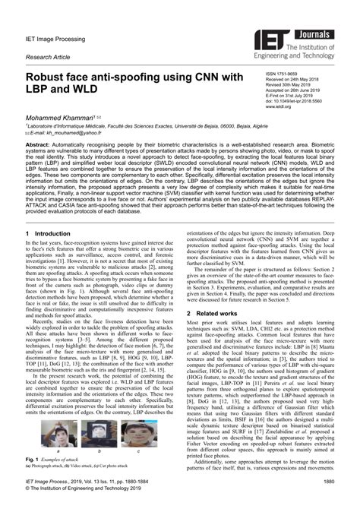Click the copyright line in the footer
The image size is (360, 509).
click(x=89, y=489)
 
